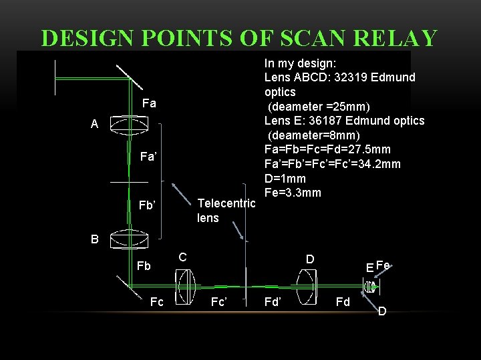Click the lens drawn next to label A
click(x=128, y=125)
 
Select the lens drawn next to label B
click(x=128, y=238)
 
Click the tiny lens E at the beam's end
click(x=369, y=287)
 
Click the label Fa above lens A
click(x=149, y=104)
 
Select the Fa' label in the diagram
click(x=148, y=158)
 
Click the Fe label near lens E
click(x=383, y=265)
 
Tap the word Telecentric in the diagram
click(x=226, y=203)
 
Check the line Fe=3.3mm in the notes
click(x=293, y=193)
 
